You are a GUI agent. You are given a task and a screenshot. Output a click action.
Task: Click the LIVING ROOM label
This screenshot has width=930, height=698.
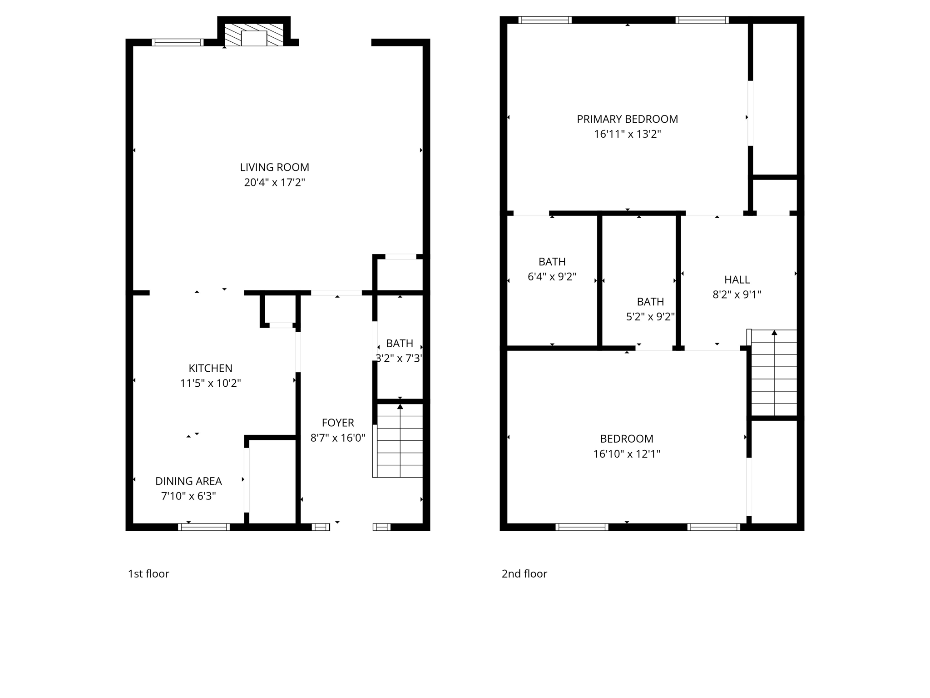(274, 167)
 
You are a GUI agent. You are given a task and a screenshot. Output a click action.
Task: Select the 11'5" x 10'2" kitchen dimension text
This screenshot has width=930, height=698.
(210, 383)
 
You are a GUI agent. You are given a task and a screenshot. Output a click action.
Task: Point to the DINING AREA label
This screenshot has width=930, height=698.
(188, 481)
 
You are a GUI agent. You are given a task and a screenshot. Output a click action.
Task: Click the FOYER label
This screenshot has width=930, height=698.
(338, 423)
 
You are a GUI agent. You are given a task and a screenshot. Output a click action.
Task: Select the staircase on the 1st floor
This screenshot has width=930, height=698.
(400, 441)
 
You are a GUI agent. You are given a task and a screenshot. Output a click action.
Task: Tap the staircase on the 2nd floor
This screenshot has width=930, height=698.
(774, 373)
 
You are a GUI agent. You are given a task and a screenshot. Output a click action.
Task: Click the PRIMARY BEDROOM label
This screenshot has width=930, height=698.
(627, 119)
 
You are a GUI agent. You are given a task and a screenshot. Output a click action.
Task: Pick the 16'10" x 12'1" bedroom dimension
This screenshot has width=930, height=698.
(627, 454)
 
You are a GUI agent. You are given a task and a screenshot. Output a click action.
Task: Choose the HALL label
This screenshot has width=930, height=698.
(737, 279)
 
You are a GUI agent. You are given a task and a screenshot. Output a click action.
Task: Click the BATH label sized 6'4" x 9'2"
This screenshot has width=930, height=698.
(552, 262)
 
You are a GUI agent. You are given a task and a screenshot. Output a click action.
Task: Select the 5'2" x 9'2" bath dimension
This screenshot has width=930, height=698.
(650, 317)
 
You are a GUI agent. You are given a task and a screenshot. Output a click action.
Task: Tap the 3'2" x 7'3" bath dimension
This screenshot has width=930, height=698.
(399, 359)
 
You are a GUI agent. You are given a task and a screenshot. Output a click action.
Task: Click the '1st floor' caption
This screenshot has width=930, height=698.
(148, 573)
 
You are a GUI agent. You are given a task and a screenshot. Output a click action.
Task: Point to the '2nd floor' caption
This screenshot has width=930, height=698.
(524, 573)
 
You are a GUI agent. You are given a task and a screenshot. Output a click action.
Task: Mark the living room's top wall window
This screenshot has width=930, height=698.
(178, 43)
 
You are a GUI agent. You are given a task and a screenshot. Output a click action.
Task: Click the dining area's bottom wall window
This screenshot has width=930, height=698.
(204, 527)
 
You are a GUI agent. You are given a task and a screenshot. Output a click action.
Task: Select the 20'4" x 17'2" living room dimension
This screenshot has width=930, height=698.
(274, 183)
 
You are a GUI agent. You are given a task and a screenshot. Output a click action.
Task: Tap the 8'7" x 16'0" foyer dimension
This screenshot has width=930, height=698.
(338, 438)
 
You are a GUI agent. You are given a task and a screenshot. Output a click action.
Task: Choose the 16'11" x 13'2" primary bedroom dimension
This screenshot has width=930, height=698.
(627, 134)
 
